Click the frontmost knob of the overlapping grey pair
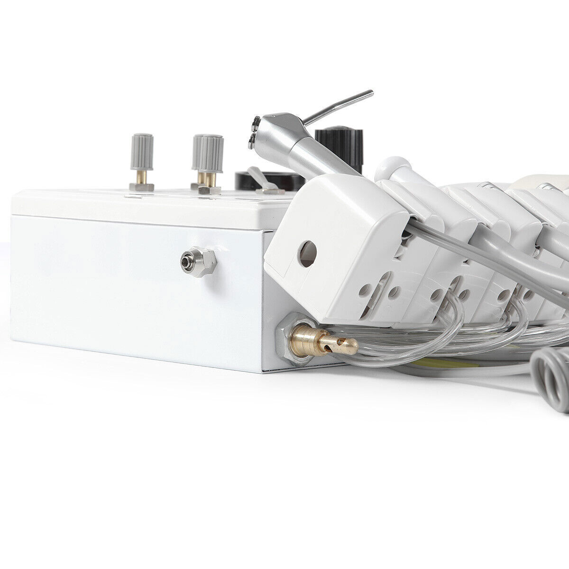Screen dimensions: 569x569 (x=211, y=154)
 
